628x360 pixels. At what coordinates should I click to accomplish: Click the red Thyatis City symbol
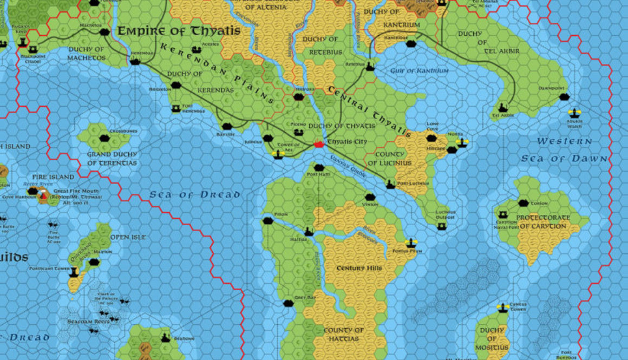(318, 143)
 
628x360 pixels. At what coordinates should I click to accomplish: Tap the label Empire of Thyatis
(179, 31)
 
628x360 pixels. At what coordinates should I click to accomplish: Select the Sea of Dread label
(195, 194)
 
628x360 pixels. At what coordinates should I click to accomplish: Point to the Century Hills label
(359, 268)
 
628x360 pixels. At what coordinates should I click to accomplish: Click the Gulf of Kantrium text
(419, 71)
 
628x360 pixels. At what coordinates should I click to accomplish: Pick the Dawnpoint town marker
(564, 96)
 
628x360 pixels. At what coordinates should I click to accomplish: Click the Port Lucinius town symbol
(390, 184)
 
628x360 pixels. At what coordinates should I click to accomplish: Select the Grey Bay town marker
(289, 303)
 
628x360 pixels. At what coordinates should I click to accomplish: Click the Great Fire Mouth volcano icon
(43, 196)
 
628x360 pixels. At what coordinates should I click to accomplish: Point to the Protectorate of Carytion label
(542, 222)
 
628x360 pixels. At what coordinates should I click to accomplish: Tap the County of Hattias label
(344, 334)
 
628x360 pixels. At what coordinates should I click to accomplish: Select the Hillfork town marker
(298, 96)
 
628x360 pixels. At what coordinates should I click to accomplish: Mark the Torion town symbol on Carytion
(523, 203)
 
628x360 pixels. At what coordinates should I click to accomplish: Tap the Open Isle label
(128, 237)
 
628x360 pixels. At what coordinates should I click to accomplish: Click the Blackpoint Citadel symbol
(23, 42)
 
